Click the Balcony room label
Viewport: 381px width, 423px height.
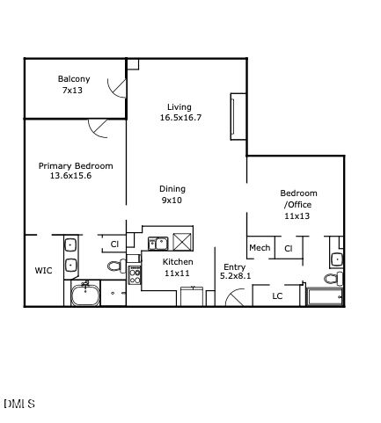coord(74,79)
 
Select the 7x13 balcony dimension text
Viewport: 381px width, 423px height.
coord(74,91)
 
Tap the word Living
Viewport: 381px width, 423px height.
coord(180,107)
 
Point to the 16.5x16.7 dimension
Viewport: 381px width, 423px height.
coord(180,118)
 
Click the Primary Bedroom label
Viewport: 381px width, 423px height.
coord(76,165)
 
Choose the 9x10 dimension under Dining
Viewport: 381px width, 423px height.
coord(172,201)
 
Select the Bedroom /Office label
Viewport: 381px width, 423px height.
coord(298,199)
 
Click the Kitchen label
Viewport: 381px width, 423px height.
coord(179,262)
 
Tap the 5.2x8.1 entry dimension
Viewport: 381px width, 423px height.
coord(235,276)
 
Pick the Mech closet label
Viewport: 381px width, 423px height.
coord(260,248)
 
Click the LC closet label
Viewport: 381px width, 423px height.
coord(277,295)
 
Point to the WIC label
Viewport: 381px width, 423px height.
coord(43,271)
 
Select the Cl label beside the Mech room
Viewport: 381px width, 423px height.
coord(288,249)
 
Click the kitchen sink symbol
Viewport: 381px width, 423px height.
coord(158,243)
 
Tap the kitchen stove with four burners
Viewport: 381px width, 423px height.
coord(136,274)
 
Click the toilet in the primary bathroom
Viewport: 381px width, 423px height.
coord(116,266)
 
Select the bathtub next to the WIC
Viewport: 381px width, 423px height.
coord(86,295)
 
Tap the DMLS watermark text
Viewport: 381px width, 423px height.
coord(18,404)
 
